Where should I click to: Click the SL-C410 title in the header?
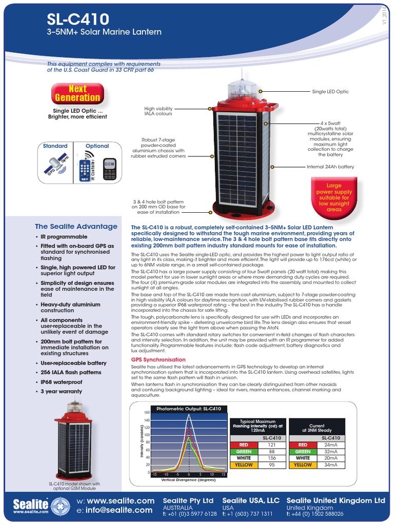(x=77, y=19)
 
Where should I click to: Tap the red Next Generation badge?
(x=77, y=93)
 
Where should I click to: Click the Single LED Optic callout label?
(x=330, y=91)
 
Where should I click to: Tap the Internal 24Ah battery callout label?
(x=330, y=167)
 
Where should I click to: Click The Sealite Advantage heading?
(x=76, y=226)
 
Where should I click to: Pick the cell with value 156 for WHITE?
(x=272, y=458)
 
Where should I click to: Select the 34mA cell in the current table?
(x=331, y=465)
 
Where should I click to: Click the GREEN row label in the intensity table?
(x=245, y=451)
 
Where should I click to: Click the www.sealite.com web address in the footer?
(x=121, y=500)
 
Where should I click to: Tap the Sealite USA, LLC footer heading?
(x=250, y=500)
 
